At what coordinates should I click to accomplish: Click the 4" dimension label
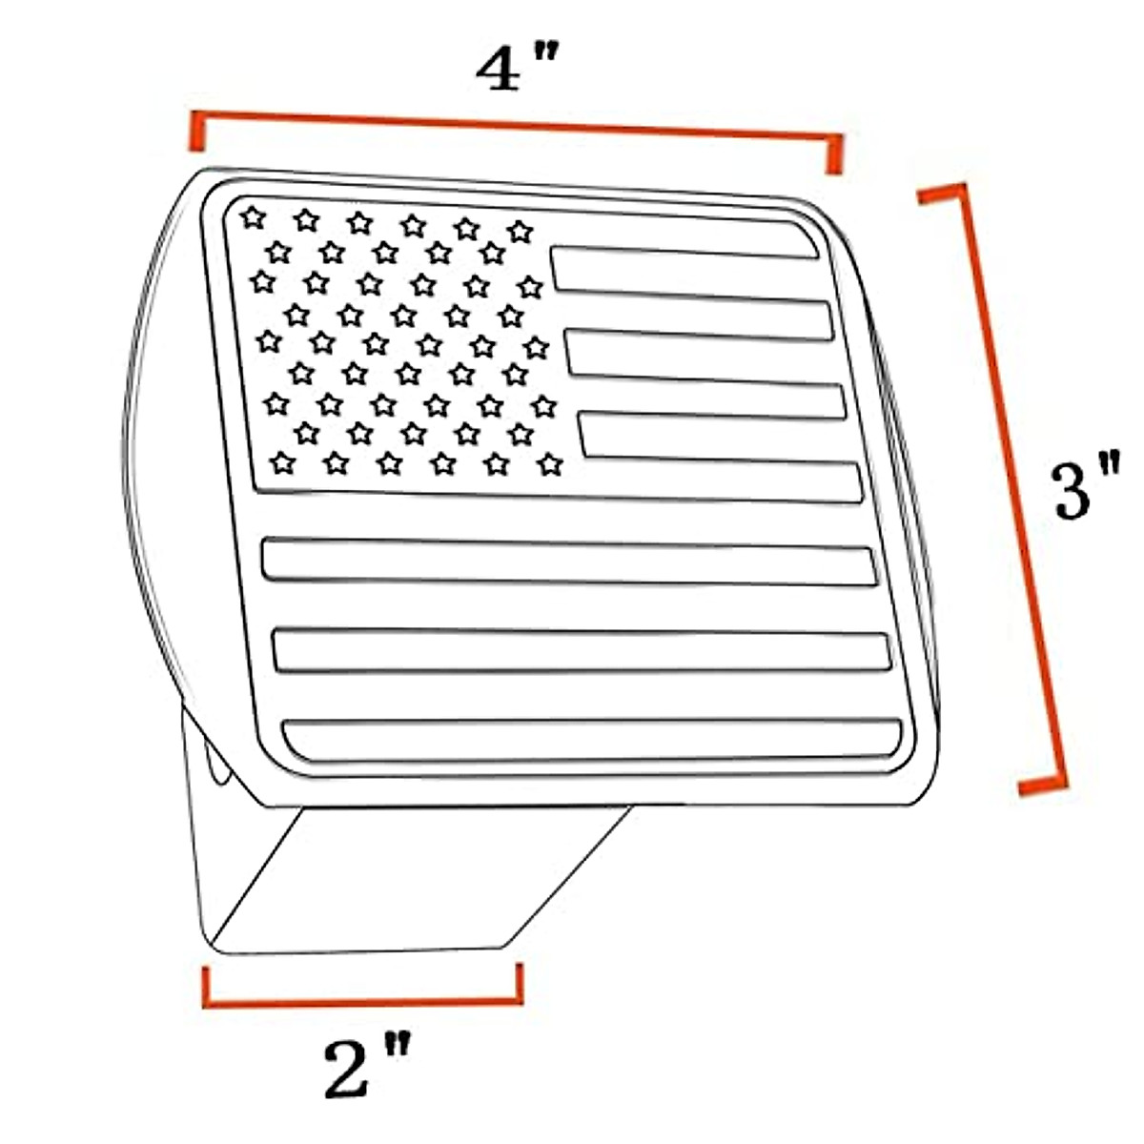[x=515, y=69]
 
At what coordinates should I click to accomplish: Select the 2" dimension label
[x=367, y=1069]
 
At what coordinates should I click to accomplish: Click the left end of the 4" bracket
[x=196, y=133]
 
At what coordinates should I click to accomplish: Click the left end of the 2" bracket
[x=206, y=988]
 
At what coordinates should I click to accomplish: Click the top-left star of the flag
[x=252, y=217]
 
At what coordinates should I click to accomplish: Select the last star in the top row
[x=519, y=231]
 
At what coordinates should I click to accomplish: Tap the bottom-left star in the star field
[x=281, y=463]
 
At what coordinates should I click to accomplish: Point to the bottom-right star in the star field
[x=549, y=464]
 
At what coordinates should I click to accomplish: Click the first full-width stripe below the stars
[x=569, y=562]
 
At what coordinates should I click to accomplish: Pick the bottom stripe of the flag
[x=591, y=738]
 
